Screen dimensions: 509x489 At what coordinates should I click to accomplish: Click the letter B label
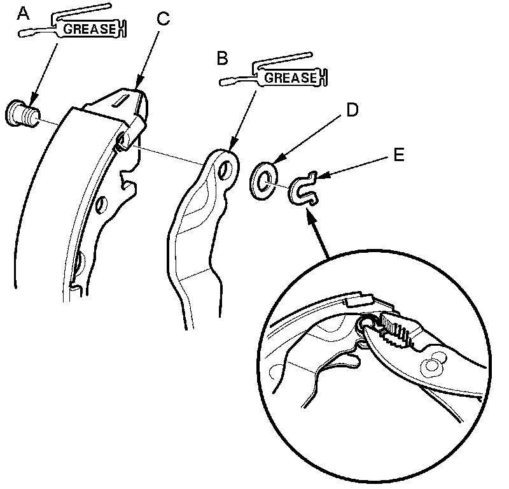(x=222, y=59)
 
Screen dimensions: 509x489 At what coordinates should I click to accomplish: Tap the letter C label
(x=164, y=17)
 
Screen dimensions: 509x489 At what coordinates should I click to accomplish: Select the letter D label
(x=352, y=110)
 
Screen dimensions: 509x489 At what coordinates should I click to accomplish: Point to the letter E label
(x=398, y=155)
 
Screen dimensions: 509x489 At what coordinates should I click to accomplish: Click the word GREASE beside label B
(x=290, y=78)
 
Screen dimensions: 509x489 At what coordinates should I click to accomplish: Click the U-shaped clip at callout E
(x=303, y=188)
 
